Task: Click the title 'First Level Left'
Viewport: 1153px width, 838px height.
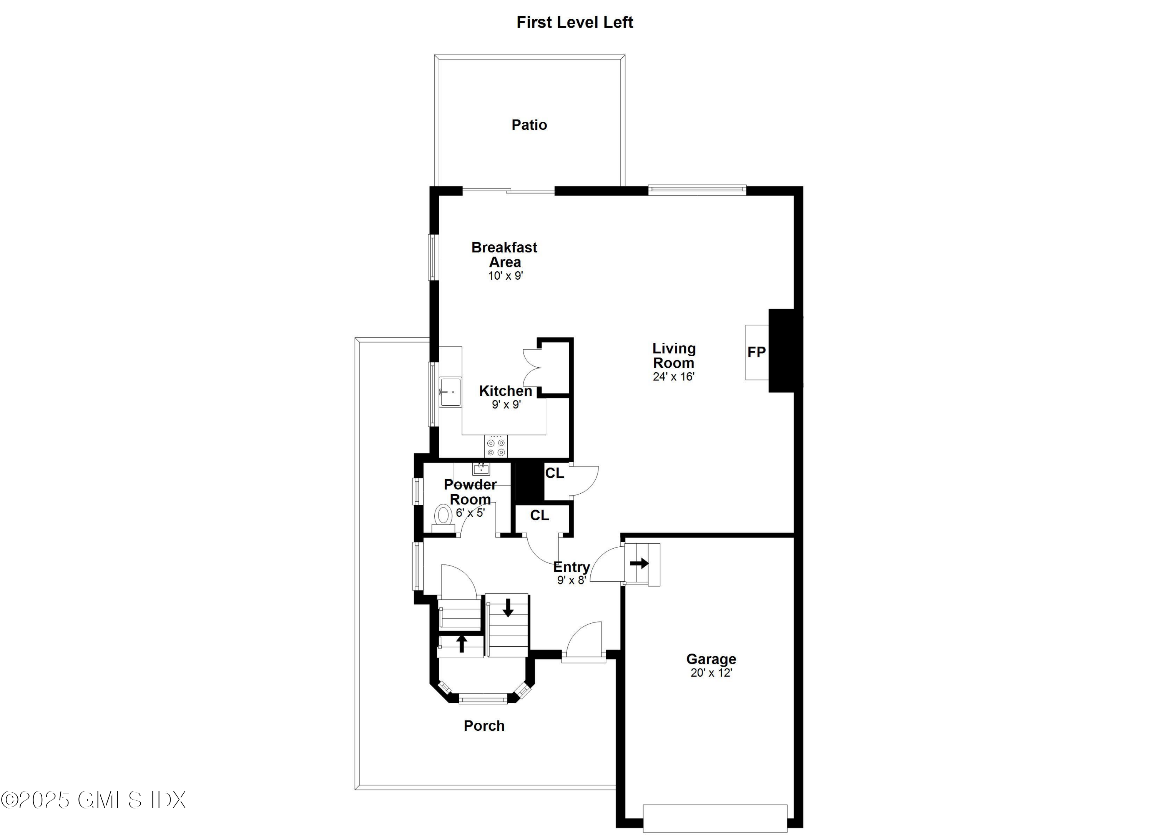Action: (x=575, y=22)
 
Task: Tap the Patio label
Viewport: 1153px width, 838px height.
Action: (x=529, y=125)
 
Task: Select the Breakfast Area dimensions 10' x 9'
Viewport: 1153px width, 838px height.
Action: (x=506, y=276)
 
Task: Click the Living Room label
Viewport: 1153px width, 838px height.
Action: (x=674, y=356)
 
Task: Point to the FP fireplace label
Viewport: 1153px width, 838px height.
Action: (x=756, y=352)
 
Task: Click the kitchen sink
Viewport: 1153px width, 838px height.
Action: (x=450, y=392)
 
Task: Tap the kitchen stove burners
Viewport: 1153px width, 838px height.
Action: (x=496, y=447)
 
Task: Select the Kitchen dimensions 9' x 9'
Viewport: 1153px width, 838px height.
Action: (x=506, y=405)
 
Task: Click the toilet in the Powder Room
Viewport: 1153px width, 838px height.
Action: (x=443, y=515)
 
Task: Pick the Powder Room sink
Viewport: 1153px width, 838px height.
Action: (x=481, y=468)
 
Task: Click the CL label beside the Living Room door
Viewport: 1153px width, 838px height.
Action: (x=554, y=473)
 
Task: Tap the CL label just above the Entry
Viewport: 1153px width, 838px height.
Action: (x=539, y=515)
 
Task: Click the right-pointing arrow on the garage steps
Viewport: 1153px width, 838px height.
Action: (x=640, y=563)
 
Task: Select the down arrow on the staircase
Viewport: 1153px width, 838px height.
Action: (x=507, y=608)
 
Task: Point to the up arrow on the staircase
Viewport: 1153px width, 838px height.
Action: (x=462, y=643)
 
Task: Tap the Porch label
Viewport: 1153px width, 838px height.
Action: (x=484, y=726)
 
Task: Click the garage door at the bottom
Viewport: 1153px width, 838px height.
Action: (x=715, y=818)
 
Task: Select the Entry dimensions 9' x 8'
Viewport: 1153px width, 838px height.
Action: (x=572, y=580)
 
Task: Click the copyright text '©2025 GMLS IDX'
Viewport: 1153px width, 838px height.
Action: (x=93, y=800)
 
